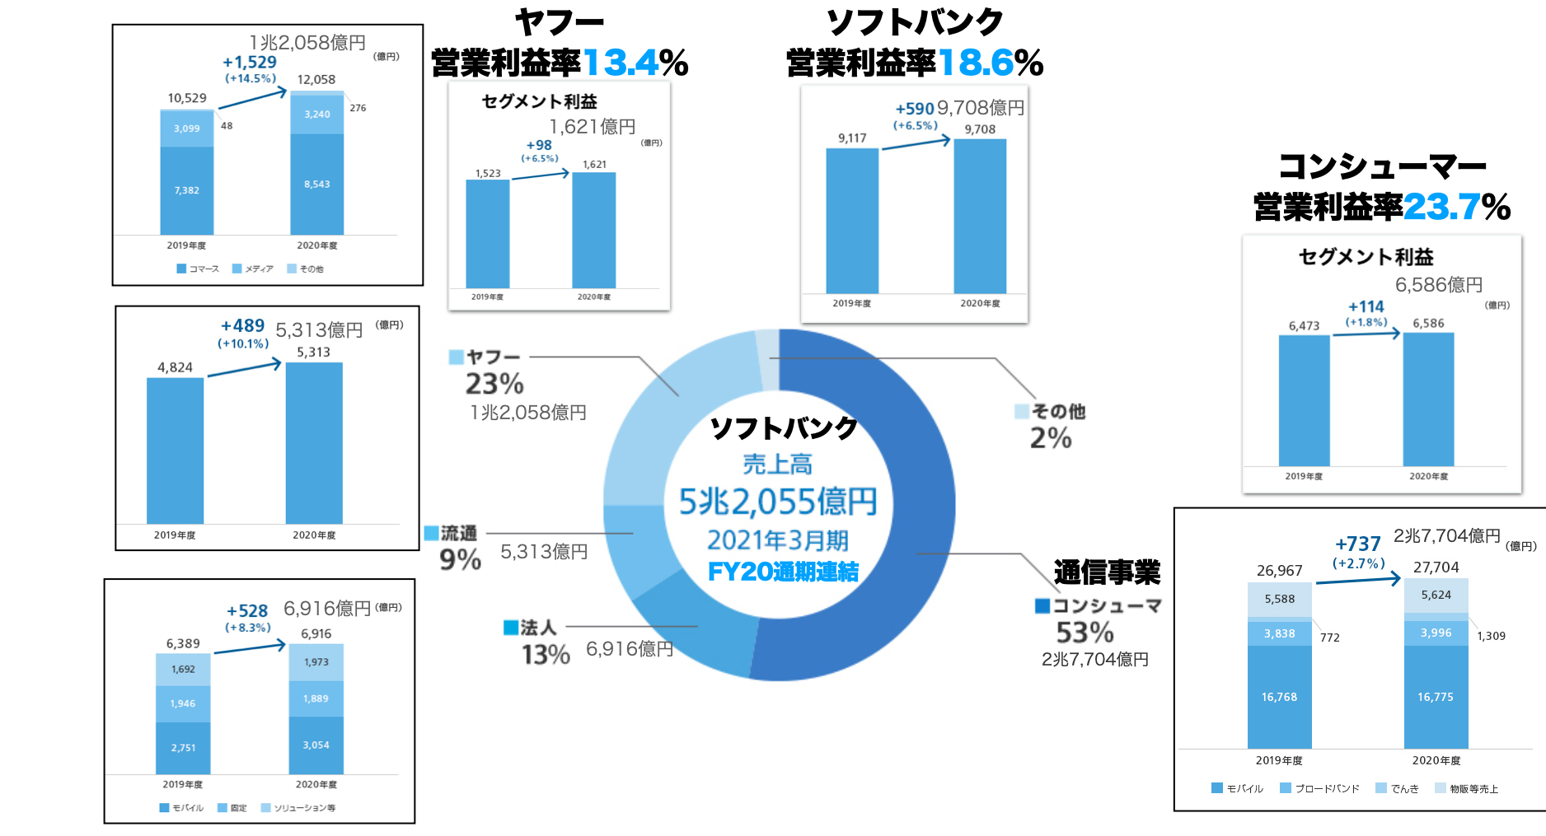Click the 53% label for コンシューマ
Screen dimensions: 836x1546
pos(1085,633)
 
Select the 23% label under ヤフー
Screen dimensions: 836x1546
pos(494,384)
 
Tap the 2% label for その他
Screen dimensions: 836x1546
pos(1051,438)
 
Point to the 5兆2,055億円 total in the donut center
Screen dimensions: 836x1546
pos(777,502)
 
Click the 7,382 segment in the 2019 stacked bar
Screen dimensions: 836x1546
pos(187,190)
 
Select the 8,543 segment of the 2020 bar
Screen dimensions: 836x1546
pos(316,184)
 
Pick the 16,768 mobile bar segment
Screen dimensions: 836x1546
pos(1279,697)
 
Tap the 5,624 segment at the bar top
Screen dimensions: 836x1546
pos(1436,595)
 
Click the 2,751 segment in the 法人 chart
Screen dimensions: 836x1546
pos(183,748)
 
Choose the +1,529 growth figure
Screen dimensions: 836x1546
pos(250,63)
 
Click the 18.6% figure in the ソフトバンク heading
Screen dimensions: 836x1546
pos(977,63)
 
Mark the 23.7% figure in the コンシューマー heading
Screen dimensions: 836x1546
pos(1442,207)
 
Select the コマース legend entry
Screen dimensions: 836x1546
pos(198,269)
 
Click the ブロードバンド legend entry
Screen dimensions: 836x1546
pos(1320,788)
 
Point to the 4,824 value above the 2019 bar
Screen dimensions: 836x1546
pos(175,367)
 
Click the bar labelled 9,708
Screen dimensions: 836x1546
pos(980,216)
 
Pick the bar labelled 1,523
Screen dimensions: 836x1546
pos(487,233)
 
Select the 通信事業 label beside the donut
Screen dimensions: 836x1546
pos(1106,572)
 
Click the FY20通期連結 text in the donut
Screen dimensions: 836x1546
pos(783,572)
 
